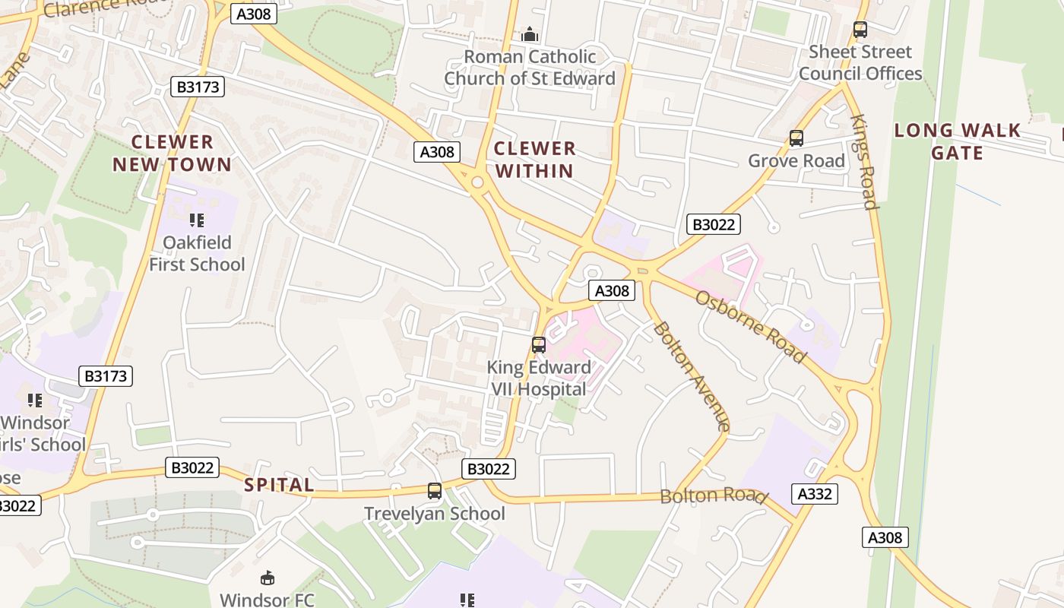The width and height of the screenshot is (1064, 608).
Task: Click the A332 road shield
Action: point(815,494)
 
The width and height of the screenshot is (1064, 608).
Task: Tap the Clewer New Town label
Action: point(173,153)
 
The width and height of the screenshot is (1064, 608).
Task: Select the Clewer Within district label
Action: point(534,159)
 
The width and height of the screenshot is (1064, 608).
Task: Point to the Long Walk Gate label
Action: point(958,141)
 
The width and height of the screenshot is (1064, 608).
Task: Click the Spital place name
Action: point(279,485)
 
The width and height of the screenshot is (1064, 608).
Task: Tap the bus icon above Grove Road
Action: point(796,138)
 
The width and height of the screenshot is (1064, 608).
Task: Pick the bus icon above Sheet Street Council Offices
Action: point(860,30)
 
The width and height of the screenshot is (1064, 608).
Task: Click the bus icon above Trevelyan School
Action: point(435,491)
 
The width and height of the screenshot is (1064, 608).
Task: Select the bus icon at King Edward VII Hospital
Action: point(539,345)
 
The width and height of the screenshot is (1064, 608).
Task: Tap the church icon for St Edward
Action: point(530,34)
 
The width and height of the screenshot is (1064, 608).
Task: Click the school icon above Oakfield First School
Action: point(197,220)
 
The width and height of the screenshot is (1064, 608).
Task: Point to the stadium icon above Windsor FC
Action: point(268,578)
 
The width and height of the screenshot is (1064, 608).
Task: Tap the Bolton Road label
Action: point(712,496)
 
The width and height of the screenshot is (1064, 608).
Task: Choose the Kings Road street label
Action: point(865,162)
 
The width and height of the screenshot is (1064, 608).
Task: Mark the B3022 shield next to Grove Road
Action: point(713,224)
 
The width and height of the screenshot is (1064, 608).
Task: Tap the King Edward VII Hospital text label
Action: point(539,378)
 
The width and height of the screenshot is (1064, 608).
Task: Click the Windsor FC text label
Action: point(267,600)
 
